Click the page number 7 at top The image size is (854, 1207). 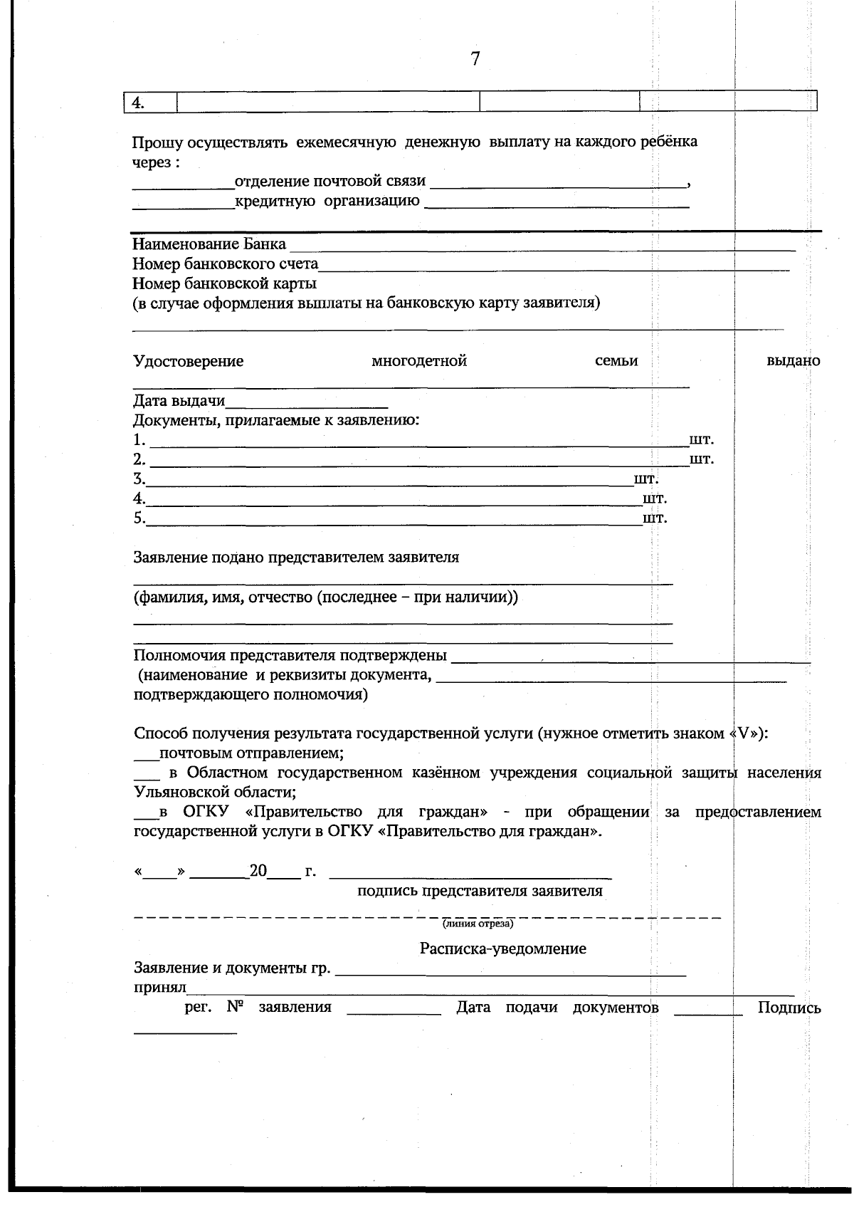click(x=475, y=59)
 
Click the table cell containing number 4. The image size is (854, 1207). click(x=150, y=102)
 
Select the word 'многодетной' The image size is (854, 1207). click(x=419, y=361)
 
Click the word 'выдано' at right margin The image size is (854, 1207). click(x=793, y=361)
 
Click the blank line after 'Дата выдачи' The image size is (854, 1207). click(x=307, y=402)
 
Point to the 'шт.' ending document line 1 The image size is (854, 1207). click(x=702, y=439)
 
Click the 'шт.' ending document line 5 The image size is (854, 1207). click(x=655, y=518)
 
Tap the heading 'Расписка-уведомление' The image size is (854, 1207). click(x=502, y=949)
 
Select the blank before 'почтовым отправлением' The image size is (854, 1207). click(x=146, y=753)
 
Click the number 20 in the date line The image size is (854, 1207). click(x=258, y=871)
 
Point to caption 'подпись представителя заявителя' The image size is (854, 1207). click(x=480, y=891)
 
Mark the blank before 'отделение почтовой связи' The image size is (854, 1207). click(x=183, y=184)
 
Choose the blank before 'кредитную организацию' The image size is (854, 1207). click(x=183, y=204)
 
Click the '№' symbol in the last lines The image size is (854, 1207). click(x=236, y=1008)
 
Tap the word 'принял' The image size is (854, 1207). click(x=159, y=988)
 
